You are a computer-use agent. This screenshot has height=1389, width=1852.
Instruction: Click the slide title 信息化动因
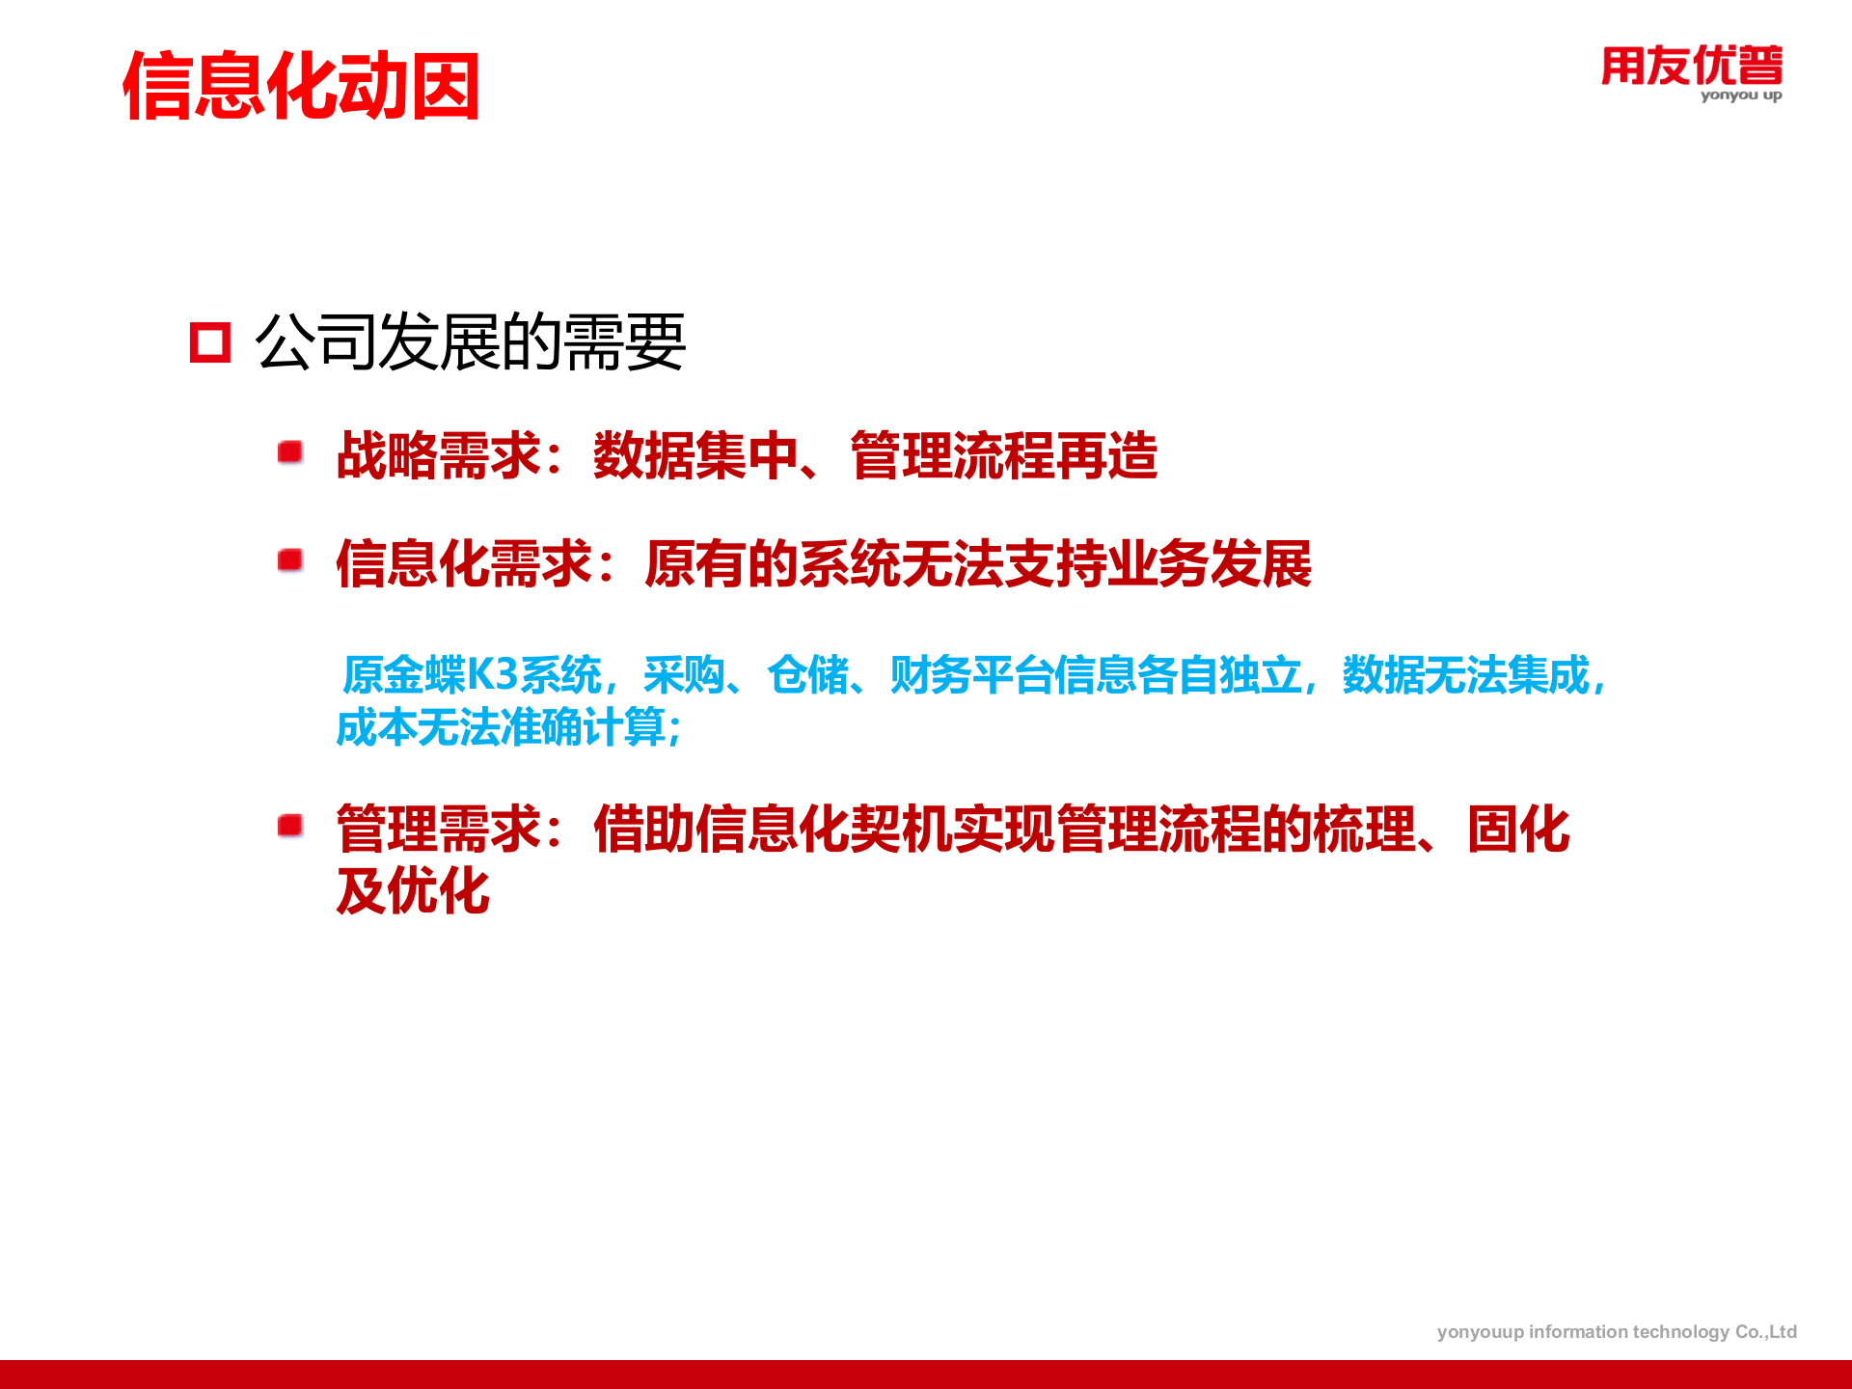[301, 87]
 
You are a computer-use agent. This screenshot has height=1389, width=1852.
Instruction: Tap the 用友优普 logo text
[1691, 66]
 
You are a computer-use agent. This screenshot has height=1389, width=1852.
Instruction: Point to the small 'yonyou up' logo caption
[1740, 95]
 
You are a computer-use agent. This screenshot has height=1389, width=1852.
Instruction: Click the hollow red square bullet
[210, 342]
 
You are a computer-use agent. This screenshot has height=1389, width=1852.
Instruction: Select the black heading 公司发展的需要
[470, 342]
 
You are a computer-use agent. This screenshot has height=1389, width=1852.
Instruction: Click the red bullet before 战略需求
[290, 452]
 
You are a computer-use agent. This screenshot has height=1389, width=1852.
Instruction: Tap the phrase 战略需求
[438, 455]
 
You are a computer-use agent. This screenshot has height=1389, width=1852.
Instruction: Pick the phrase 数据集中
[694, 455]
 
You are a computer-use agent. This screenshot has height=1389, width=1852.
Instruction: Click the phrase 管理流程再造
[1003, 455]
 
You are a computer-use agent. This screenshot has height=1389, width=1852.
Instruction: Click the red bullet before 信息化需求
[290, 560]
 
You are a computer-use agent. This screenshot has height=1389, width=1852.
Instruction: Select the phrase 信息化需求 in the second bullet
[463, 563]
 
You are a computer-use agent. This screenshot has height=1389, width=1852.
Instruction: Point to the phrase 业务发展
[1209, 563]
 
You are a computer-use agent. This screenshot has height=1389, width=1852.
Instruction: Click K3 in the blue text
[492, 674]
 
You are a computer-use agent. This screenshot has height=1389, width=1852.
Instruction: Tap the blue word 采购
[684, 674]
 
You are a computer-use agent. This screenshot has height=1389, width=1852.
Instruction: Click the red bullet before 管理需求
[290, 826]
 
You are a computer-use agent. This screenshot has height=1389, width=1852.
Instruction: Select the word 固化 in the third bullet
[1518, 829]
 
